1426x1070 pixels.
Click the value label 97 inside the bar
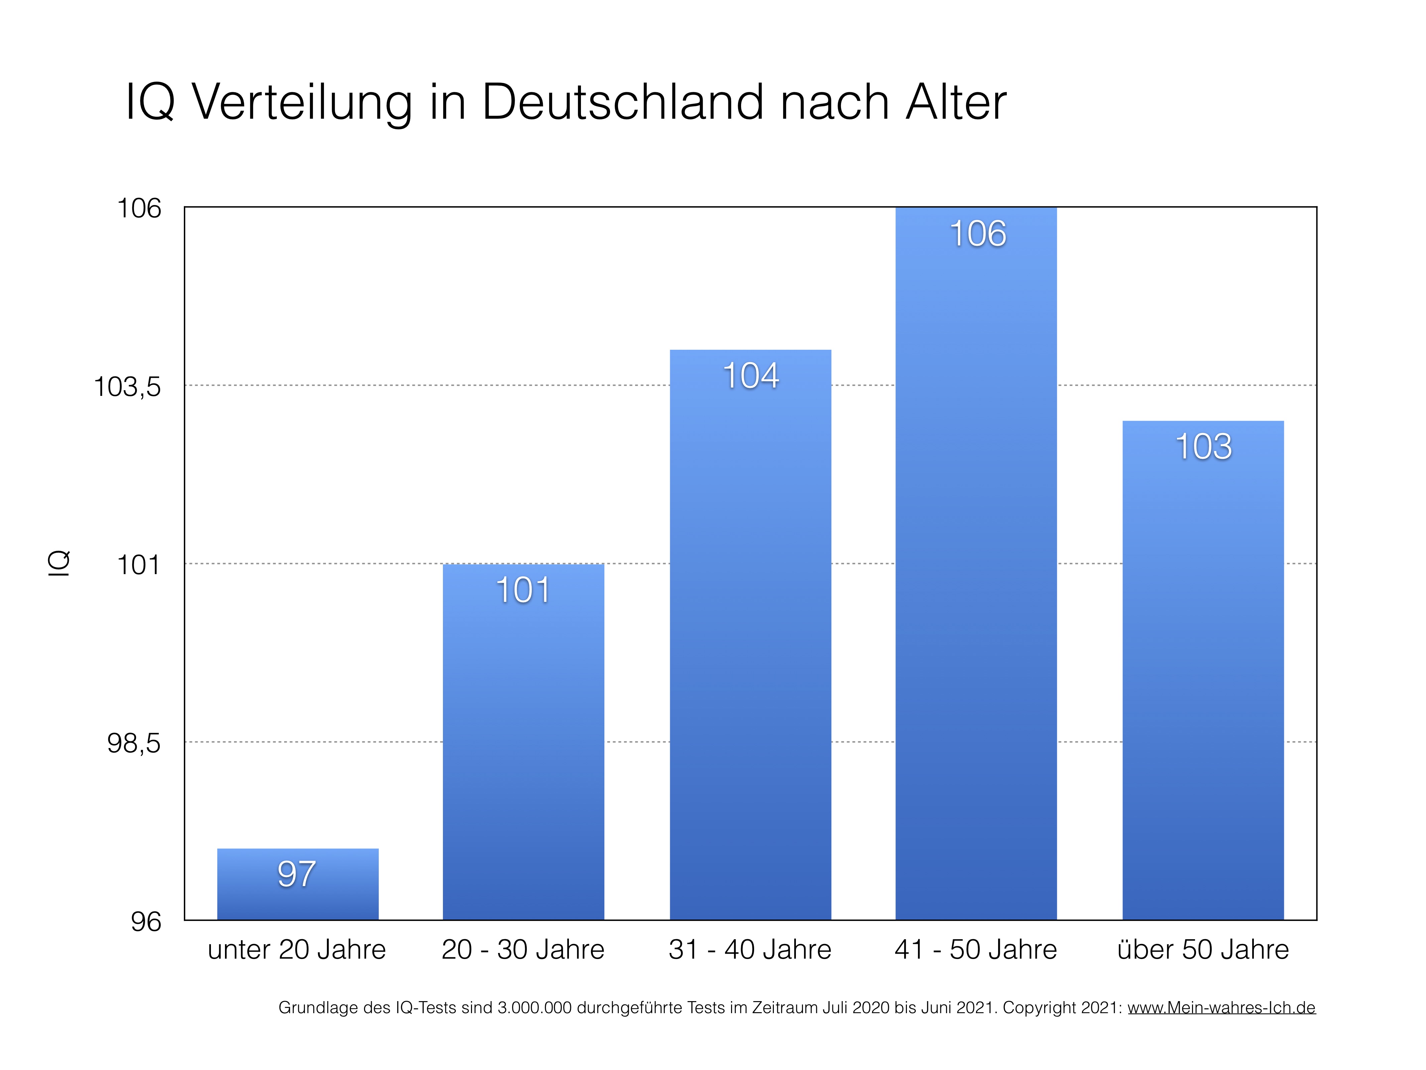click(x=296, y=874)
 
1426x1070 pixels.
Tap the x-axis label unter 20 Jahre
click(x=296, y=949)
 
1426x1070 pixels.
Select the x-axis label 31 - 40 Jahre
click(x=750, y=949)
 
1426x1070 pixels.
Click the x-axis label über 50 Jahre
click(x=1203, y=949)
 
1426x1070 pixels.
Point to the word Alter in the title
click(x=955, y=102)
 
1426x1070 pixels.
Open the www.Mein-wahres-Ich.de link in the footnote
click(x=1221, y=1007)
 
